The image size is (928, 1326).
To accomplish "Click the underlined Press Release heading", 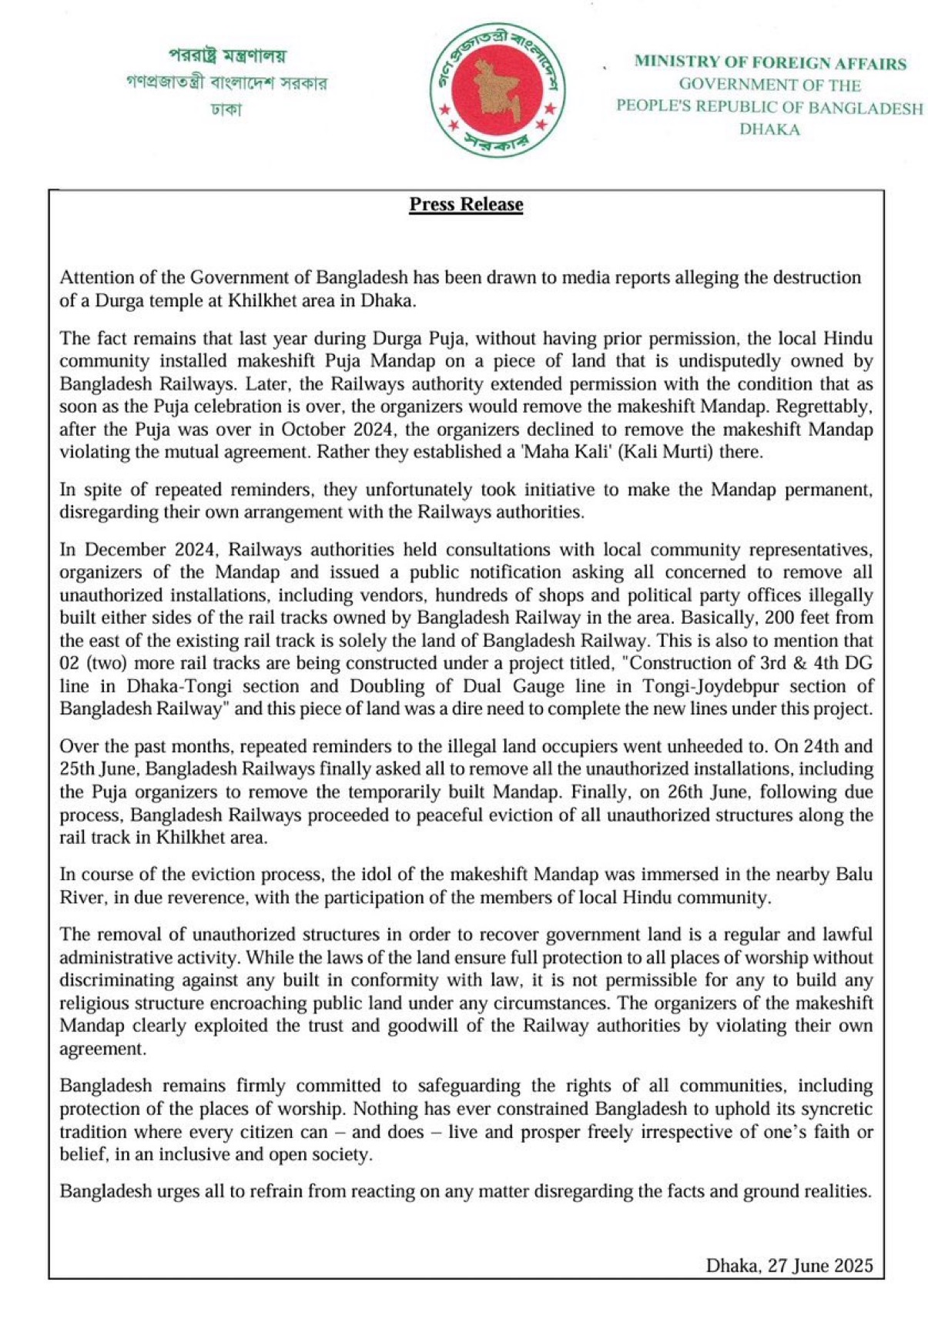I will pos(466,205).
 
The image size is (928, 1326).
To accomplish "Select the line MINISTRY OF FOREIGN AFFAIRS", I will pos(769,63).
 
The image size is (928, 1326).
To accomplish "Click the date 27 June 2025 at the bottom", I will pos(820,1265).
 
